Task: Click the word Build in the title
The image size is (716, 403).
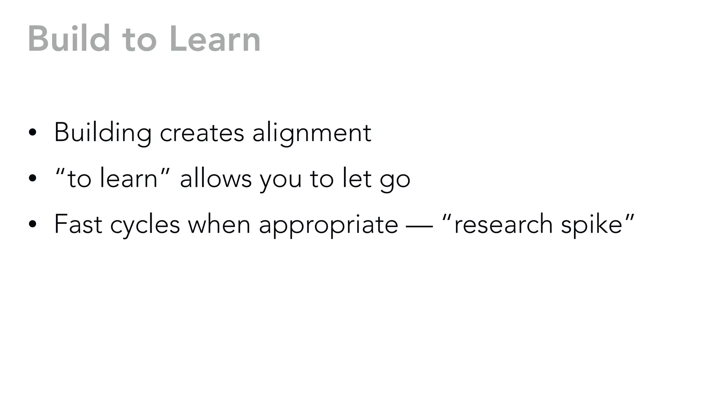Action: (69, 39)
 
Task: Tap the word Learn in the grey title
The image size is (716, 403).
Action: (215, 39)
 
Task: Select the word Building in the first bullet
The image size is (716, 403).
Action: (103, 133)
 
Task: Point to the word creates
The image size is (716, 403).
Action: (202, 133)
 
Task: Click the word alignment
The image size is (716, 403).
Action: (312, 133)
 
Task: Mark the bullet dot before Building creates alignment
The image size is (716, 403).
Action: (33, 133)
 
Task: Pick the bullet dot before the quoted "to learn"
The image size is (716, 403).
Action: (33, 178)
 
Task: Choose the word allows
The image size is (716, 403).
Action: (216, 178)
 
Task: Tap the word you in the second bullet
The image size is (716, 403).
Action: (281, 179)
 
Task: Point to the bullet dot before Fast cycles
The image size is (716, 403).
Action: (33, 224)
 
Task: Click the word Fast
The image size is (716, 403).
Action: (78, 224)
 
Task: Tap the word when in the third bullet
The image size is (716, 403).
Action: (219, 224)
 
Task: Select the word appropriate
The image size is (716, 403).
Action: (328, 225)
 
